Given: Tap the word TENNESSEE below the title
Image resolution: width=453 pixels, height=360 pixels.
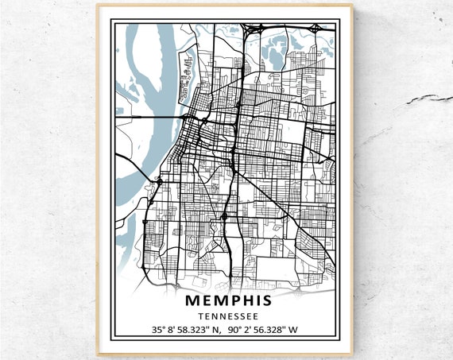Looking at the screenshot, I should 227,315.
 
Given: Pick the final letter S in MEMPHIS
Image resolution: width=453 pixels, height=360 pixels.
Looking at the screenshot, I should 265,300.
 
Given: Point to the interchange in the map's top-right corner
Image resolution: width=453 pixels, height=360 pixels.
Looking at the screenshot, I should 317,29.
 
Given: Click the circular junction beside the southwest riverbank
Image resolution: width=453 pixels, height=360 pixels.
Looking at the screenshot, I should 160,182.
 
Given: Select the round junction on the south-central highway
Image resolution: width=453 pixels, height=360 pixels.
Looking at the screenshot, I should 225,215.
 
